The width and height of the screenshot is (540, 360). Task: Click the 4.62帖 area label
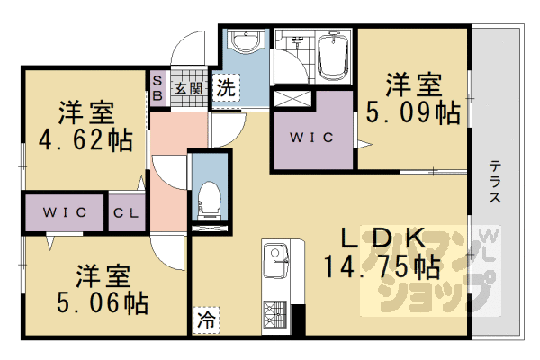(x=85, y=140)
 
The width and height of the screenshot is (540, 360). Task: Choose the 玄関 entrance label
(x=187, y=88)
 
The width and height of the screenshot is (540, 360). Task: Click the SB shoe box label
(x=156, y=88)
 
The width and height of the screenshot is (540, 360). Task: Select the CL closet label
(x=125, y=213)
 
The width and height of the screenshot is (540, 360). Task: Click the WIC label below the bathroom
(x=314, y=138)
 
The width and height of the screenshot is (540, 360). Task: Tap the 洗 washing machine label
(x=227, y=89)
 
